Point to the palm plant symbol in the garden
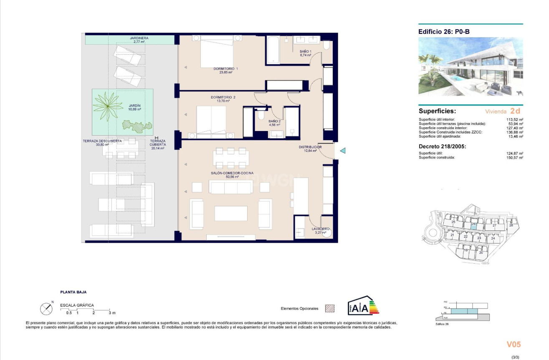108,107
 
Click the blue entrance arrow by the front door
342,151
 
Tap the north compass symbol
46,309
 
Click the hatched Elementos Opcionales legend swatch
330,308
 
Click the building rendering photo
470,67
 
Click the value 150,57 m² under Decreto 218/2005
514,157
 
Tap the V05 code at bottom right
514,345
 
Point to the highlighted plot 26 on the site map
473,224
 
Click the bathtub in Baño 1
273,50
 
